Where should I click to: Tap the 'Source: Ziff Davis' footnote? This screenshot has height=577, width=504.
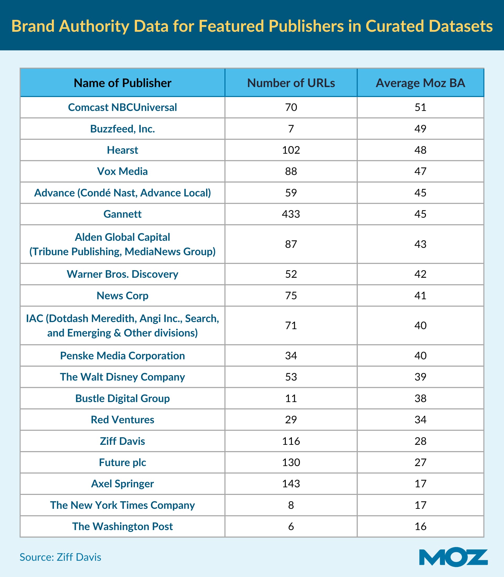tap(60, 557)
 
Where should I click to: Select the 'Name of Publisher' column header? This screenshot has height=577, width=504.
tap(122, 83)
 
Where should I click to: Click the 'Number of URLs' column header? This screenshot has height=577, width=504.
tap(291, 83)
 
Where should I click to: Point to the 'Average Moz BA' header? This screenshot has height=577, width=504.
tap(420, 83)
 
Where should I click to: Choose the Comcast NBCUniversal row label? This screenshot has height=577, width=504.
tap(122, 107)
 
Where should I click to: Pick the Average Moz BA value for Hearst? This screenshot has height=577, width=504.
tap(420, 150)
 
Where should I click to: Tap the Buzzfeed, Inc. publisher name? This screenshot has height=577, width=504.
tap(122, 129)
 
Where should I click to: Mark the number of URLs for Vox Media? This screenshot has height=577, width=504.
tap(291, 172)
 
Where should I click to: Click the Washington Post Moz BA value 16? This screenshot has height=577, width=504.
tap(420, 526)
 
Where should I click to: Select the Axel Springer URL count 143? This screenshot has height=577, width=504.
tap(291, 484)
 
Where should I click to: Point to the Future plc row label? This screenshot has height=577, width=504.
tap(122, 462)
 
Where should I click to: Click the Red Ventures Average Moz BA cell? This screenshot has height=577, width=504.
tap(420, 420)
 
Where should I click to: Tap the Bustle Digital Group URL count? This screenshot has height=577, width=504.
tap(291, 398)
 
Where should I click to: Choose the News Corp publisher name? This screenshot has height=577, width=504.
tap(122, 296)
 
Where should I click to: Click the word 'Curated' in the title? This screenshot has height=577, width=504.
tap(395, 26)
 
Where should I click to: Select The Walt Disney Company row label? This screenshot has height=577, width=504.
tap(122, 377)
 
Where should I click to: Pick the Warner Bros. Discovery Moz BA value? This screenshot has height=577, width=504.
tap(420, 274)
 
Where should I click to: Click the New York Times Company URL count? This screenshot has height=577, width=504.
tap(291, 505)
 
